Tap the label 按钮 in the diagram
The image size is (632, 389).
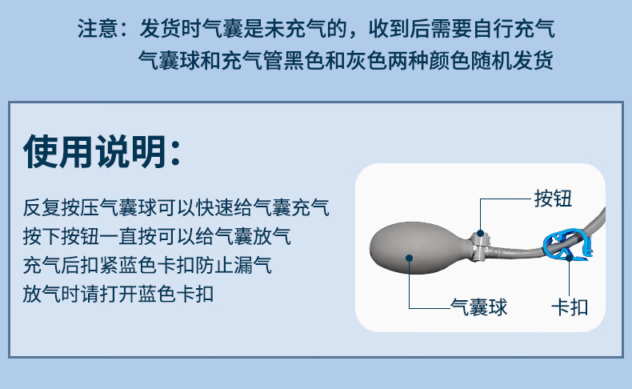click(553, 199)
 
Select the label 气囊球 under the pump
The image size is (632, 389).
click(478, 307)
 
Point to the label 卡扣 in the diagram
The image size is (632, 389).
click(570, 307)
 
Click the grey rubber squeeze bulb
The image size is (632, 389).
click(419, 247)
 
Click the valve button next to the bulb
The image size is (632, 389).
click(481, 245)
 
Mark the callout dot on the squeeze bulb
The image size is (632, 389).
click(409, 258)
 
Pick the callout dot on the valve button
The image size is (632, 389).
click(481, 233)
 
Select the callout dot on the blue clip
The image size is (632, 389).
click(569, 257)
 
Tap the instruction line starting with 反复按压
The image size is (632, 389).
click(176, 207)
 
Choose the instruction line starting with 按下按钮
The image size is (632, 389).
click(157, 236)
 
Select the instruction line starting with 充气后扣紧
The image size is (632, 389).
click(147, 265)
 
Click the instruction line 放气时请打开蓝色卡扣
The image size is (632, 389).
click(118, 294)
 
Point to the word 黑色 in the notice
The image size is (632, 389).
click(304, 60)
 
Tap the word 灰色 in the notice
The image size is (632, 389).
click(366, 60)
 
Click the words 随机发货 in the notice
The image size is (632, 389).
click(511, 60)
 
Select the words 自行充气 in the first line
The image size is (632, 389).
click(514, 28)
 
